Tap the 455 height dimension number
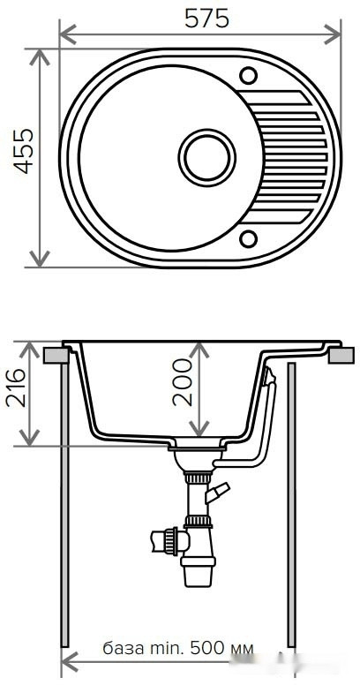(19, 151)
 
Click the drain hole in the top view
(207, 158)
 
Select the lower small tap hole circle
(249, 237)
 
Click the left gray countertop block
(56, 355)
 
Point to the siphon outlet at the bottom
(197, 574)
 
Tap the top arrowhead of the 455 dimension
(39, 56)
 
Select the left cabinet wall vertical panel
(64, 503)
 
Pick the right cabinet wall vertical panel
(291, 503)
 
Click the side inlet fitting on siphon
(164, 539)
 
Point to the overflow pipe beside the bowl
(265, 424)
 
